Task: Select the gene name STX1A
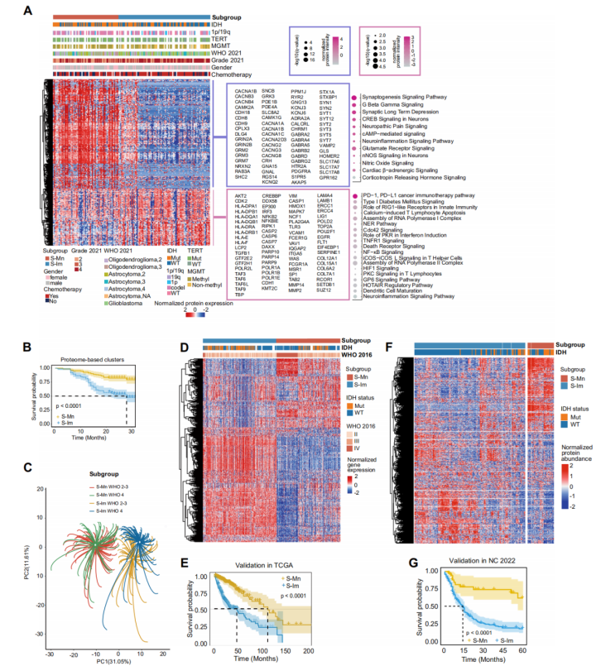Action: tap(326, 93)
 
